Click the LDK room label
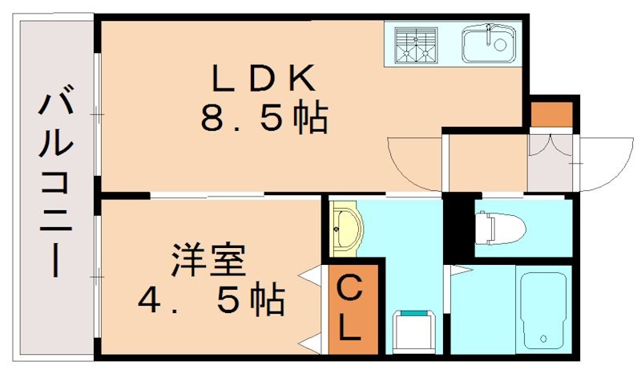coord(264,79)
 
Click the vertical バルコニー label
coord(55,185)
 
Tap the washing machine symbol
coord(414,330)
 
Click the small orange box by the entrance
coord(552,114)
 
